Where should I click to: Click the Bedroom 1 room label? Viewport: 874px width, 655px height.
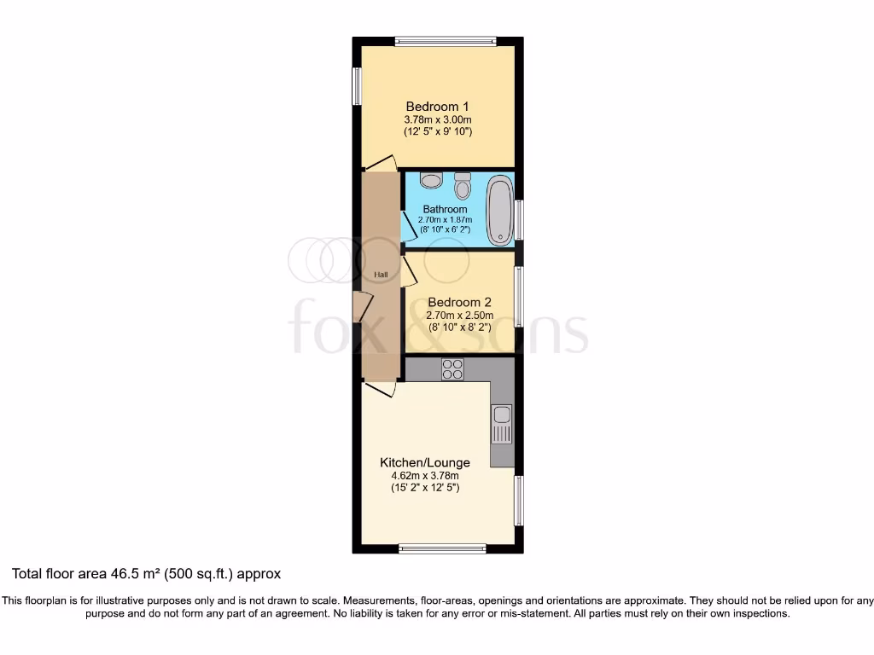click(x=438, y=107)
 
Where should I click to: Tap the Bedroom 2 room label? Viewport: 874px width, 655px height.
click(x=459, y=302)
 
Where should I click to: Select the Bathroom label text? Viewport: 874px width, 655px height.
click(x=445, y=209)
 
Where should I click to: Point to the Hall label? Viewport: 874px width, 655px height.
click(x=381, y=275)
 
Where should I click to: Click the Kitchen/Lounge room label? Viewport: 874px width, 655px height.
click(x=425, y=462)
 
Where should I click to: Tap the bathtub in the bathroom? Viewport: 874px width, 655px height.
click(x=499, y=210)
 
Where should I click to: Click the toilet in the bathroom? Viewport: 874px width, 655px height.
click(x=463, y=183)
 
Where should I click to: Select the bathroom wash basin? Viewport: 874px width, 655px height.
click(x=432, y=180)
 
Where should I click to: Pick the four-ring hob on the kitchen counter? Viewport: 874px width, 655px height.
click(x=452, y=369)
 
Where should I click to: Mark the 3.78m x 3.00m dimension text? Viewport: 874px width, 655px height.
click(x=438, y=119)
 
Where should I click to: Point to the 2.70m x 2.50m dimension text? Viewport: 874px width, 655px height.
click(x=459, y=315)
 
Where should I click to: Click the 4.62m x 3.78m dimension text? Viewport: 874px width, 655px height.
click(x=425, y=475)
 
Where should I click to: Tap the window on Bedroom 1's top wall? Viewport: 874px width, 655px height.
click(x=446, y=40)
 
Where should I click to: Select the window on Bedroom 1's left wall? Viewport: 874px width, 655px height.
click(x=357, y=85)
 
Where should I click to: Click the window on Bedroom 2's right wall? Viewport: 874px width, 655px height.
click(x=518, y=297)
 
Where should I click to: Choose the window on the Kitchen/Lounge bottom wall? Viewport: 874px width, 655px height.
click(x=443, y=548)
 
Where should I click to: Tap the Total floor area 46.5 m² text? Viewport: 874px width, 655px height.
click(x=146, y=574)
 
